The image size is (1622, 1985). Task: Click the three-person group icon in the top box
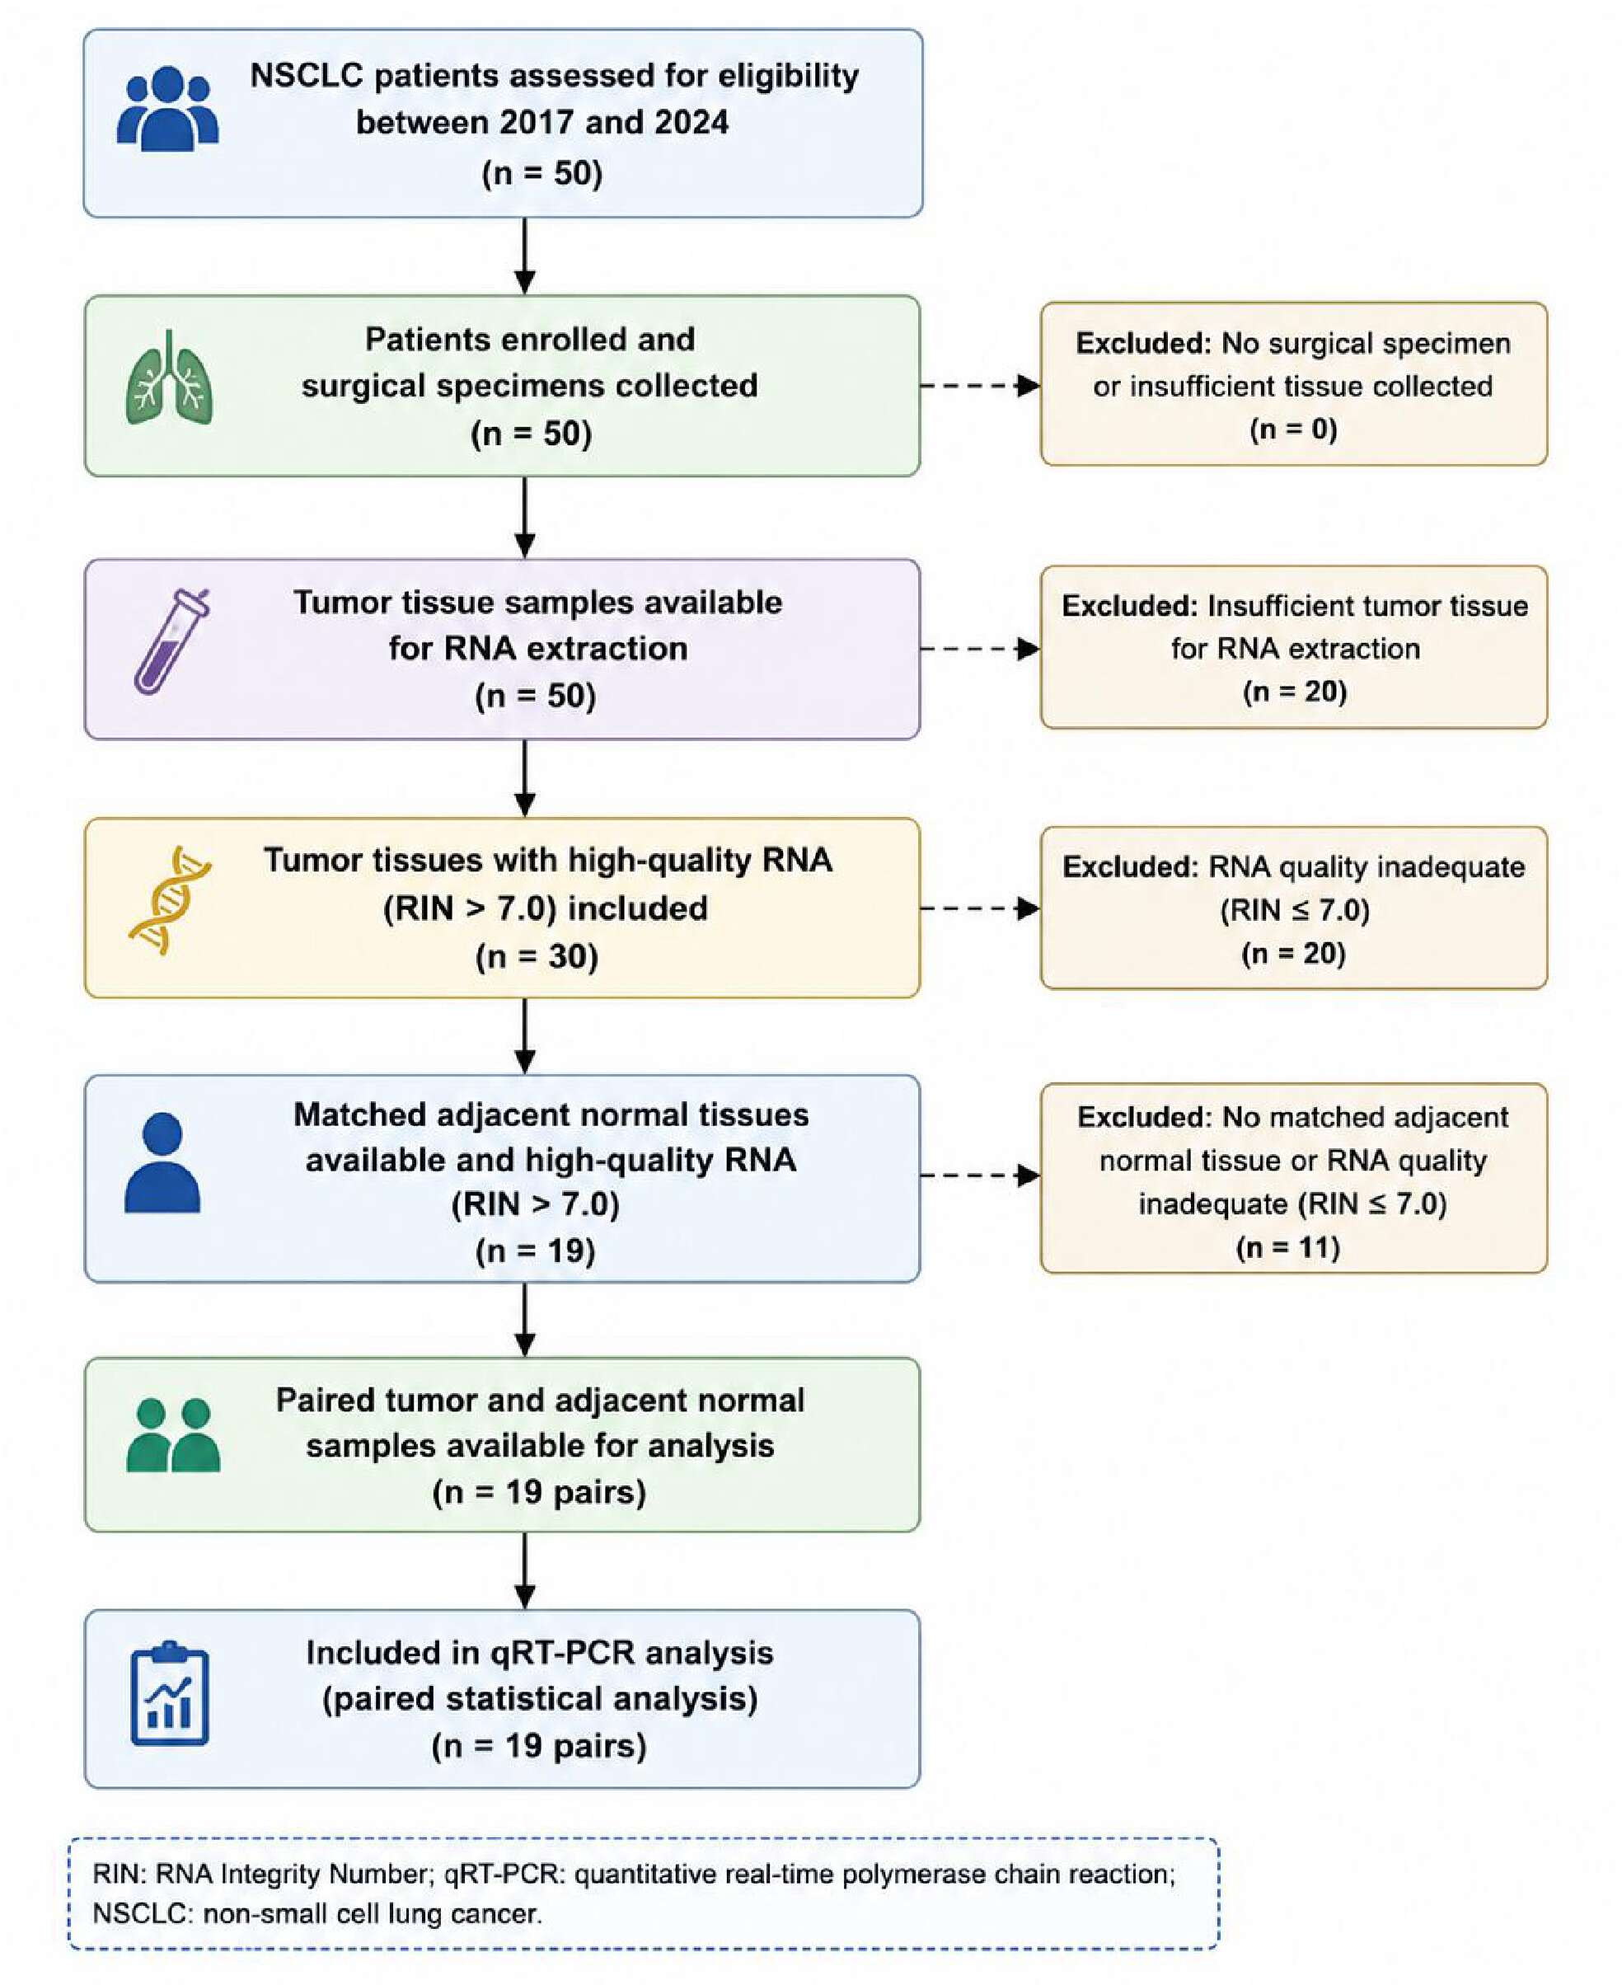(x=167, y=109)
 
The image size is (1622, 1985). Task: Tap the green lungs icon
(x=169, y=377)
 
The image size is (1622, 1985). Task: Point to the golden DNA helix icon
(x=170, y=900)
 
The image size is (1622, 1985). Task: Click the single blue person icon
(x=162, y=1162)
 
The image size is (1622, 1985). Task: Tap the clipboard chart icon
(x=169, y=1693)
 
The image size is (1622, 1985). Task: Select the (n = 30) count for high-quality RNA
(x=537, y=957)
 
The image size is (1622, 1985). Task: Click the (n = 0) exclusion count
(x=1293, y=429)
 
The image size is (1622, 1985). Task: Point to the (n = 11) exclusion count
(x=1287, y=1248)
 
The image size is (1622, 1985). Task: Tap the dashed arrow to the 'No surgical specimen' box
(x=980, y=385)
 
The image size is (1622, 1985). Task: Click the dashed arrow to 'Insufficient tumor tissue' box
(x=980, y=648)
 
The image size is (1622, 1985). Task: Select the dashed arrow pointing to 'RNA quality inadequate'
(x=980, y=908)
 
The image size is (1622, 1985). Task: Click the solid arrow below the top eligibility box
(x=525, y=256)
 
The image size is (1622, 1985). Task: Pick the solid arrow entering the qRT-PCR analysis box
(x=525, y=1570)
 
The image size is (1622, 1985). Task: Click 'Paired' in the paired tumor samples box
(x=324, y=1400)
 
